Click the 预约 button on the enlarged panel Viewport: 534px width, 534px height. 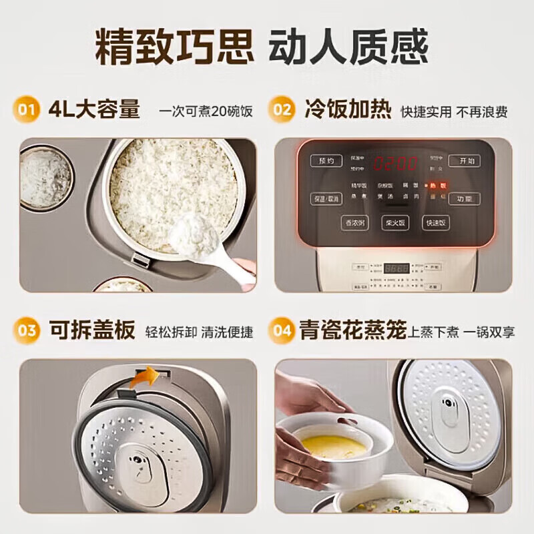coord(326,162)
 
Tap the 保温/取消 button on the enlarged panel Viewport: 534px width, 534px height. coord(326,198)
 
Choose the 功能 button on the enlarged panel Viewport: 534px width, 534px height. coord(464,198)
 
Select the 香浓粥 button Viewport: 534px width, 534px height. coord(356,224)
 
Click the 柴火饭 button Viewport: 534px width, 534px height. coord(395,224)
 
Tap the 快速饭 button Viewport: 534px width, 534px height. coord(435,224)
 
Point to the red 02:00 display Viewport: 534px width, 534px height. coord(395,163)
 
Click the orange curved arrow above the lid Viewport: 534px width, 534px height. coord(145,377)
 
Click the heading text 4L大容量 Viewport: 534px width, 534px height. coord(94,109)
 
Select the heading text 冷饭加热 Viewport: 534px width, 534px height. coord(348,109)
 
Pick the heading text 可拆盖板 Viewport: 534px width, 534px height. coord(91,330)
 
